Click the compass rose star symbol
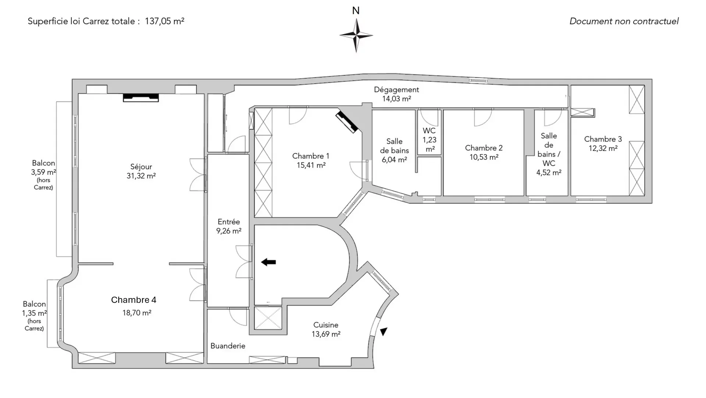[356, 36]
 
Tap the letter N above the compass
[356, 11]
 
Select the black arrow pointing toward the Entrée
[268, 262]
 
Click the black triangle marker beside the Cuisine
[384, 332]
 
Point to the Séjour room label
[141, 167]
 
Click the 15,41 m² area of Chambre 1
[311, 165]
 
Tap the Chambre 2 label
[484, 148]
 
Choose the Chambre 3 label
[603, 139]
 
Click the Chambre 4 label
[134, 300]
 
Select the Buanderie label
[228, 346]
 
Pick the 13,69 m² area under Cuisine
[326, 334]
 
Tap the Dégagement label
[396, 90]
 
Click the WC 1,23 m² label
[429, 140]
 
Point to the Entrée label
[229, 222]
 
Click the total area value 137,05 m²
[164, 21]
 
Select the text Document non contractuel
[624, 21]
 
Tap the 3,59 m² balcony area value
[43, 172]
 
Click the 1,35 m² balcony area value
[34, 313]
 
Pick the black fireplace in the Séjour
[141, 98]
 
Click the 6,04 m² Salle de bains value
[394, 160]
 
